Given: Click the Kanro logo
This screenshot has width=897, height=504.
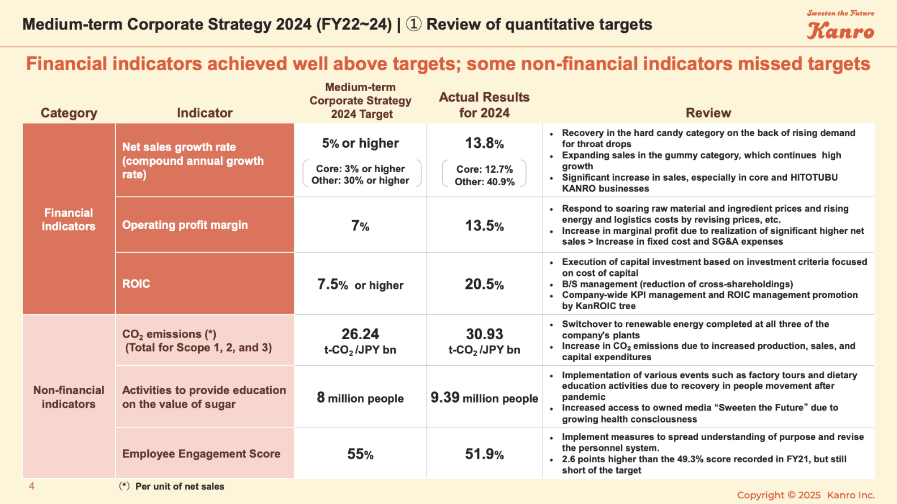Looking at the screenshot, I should click(x=840, y=29).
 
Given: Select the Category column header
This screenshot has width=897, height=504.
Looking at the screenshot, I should click(x=69, y=113).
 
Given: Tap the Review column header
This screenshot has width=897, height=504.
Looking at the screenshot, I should click(x=708, y=113).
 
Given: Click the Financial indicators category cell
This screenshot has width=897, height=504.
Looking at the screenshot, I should click(x=69, y=219).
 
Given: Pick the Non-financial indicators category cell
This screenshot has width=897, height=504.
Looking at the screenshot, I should click(x=69, y=396).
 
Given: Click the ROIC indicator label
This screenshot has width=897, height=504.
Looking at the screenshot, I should click(x=136, y=284).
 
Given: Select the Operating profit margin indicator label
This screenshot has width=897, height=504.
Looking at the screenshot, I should click(x=185, y=225).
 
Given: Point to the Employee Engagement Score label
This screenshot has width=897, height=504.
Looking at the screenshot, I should click(x=201, y=454).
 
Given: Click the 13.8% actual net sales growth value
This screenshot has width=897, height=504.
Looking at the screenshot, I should click(x=484, y=143).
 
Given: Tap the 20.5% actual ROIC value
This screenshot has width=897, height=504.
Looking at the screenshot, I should click(x=484, y=284).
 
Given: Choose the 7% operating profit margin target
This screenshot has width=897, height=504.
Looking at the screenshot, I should click(x=360, y=226).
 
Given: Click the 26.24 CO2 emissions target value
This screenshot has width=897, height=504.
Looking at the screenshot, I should click(x=360, y=334).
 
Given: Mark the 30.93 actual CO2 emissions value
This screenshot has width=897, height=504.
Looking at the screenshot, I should click(x=484, y=334).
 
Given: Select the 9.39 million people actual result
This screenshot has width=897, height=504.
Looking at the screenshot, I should click(x=484, y=398).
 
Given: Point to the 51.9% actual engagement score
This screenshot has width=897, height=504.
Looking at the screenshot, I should click(x=484, y=454).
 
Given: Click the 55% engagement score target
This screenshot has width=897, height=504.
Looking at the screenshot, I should click(x=360, y=454).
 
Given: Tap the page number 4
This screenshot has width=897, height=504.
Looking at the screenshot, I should click(x=32, y=486).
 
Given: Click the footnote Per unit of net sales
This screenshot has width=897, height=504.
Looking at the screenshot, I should click(x=180, y=486).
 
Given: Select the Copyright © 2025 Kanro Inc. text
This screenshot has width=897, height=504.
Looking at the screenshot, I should click(x=805, y=495).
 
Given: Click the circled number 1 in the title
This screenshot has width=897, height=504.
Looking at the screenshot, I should click(x=414, y=24).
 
